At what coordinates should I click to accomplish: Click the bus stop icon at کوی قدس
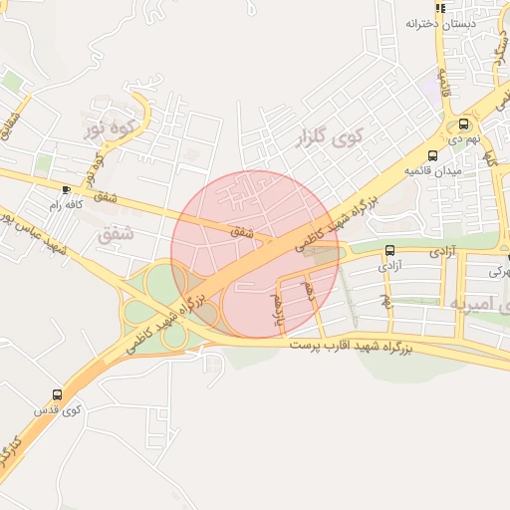click(57, 393)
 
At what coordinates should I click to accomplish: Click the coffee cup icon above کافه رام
click(66, 188)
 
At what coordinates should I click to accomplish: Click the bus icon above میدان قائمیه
click(432, 155)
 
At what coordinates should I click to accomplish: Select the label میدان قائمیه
click(430, 171)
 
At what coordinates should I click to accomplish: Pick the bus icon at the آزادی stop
click(388, 251)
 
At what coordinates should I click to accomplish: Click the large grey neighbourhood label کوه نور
click(110, 128)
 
